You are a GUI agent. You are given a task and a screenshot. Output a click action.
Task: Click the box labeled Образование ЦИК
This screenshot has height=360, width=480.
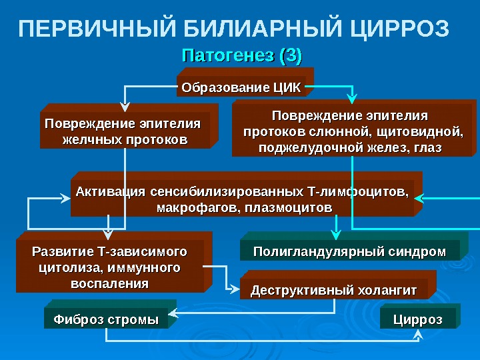tap(242, 87)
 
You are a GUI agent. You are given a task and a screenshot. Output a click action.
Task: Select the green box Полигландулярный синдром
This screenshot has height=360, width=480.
tap(349, 251)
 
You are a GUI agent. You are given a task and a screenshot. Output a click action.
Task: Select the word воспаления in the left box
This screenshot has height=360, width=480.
tap(109, 283)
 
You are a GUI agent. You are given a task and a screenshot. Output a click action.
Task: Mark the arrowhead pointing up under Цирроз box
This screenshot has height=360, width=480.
tap(418, 334)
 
